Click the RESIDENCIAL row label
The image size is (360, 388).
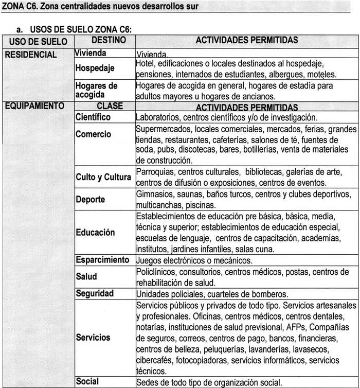point(30,55)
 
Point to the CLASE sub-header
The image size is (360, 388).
point(110,107)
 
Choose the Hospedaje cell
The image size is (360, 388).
point(95,68)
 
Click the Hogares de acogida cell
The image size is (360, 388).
point(96,90)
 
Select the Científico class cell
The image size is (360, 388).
point(93,117)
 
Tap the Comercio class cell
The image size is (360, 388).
point(93,134)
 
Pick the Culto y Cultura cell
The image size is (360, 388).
point(103,178)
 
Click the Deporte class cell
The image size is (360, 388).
point(91,200)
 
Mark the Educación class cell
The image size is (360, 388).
point(95,233)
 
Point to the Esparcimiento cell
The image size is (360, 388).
point(102,260)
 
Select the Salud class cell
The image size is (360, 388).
point(86,276)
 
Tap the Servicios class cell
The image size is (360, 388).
point(93,338)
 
